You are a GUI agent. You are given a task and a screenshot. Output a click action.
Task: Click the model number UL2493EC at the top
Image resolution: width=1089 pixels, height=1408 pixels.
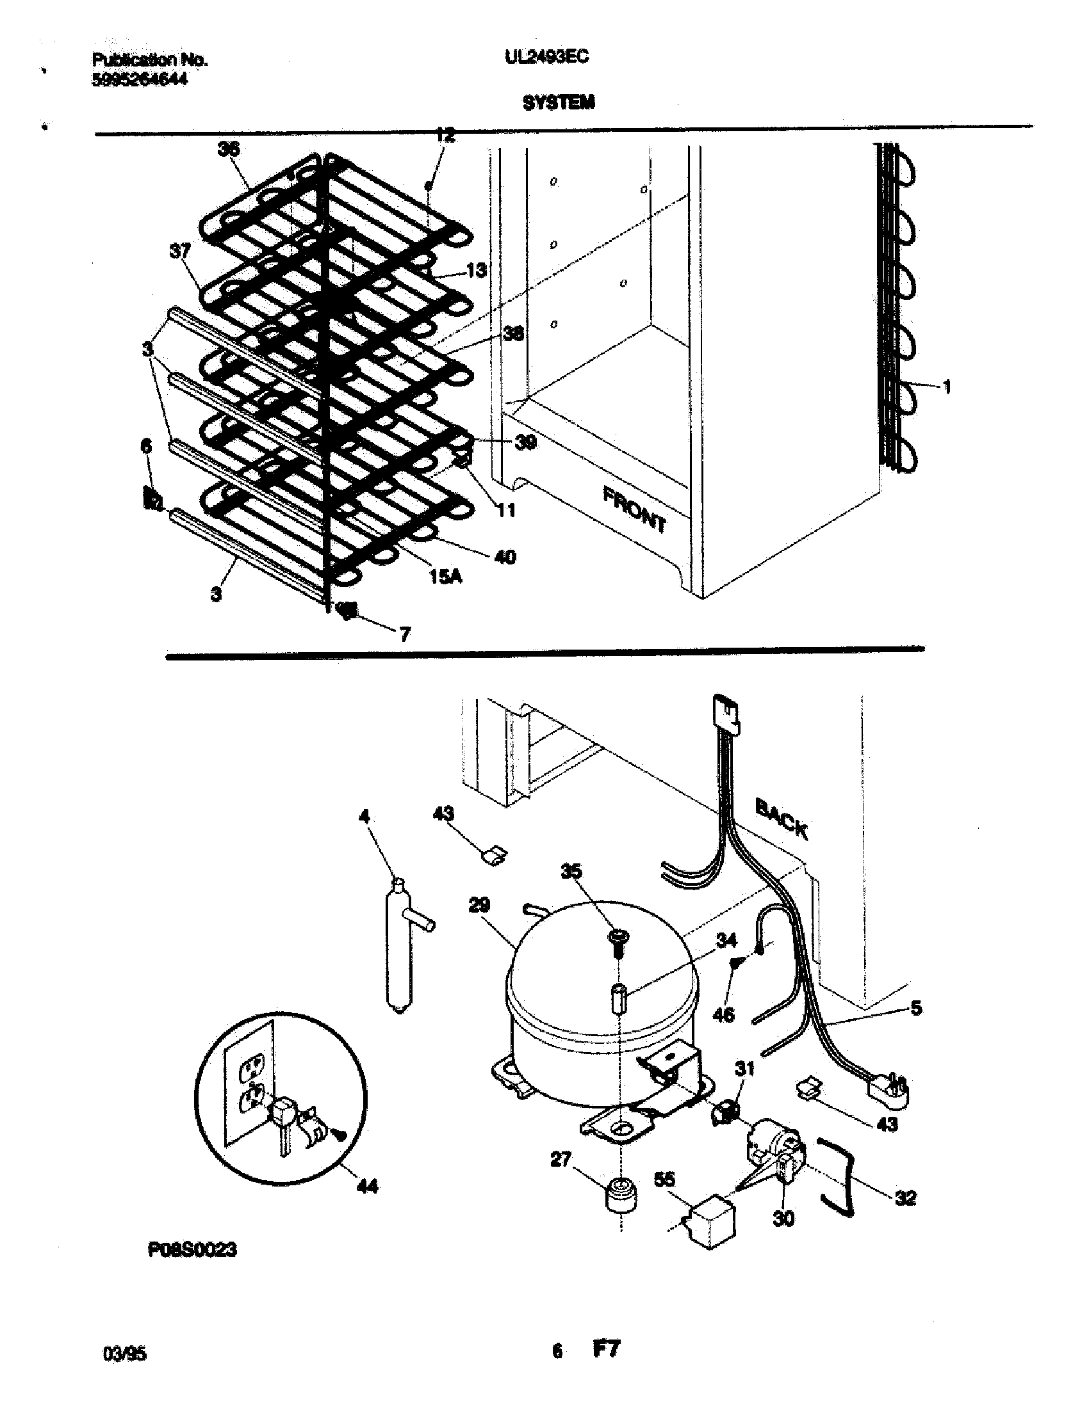[546, 58]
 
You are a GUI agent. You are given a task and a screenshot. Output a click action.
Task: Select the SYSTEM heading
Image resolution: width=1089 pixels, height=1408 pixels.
[559, 102]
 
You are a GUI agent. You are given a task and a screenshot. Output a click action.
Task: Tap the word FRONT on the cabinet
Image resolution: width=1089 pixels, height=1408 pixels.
[635, 510]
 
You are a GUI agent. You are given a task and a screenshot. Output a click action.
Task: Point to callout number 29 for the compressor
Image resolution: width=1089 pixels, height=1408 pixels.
[479, 906]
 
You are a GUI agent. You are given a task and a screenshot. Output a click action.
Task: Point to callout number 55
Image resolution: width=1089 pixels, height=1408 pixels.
[664, 1179]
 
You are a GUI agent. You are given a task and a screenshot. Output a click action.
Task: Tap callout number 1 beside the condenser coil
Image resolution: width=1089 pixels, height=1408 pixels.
[946, 387]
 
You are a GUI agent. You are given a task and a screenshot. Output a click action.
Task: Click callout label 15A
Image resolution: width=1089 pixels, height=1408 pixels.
[446, 577]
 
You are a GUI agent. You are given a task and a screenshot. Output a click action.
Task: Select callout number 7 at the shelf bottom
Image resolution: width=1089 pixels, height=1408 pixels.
[404, 634]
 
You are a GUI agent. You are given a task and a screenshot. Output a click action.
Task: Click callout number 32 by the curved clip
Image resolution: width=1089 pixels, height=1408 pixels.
[906, 1198]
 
